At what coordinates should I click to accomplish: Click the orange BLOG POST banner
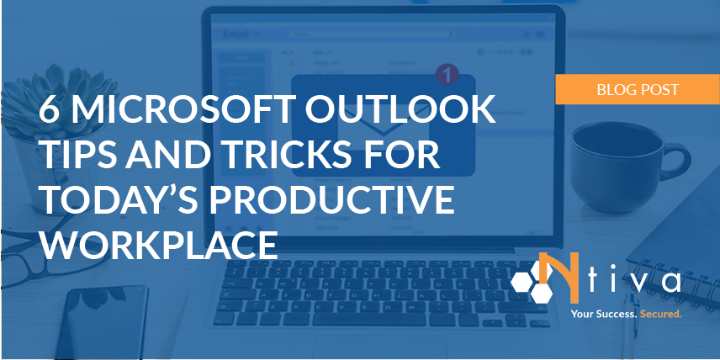638,88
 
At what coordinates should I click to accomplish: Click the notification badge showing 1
447,75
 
